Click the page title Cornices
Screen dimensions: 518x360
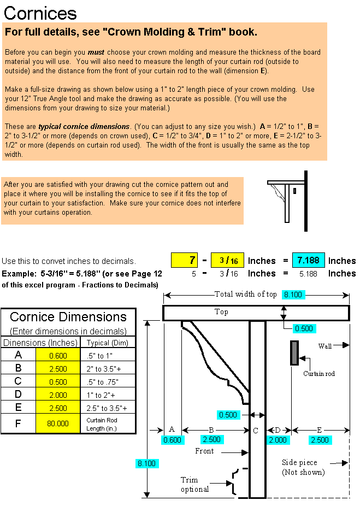coord(40,13)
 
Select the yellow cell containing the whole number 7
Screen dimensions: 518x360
coord(186,260)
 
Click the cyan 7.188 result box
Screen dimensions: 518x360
coord(309,260)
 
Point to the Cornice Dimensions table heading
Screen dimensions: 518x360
coord(68,317)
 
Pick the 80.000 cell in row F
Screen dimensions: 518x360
coord(58,423)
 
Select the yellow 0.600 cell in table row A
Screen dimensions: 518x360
coord(58,355)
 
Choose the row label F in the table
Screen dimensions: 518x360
coord(19,423)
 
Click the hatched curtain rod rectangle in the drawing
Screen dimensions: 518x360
coord(294,353)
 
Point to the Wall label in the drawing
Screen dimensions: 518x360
coord(325,346)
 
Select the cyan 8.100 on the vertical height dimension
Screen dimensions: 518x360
coord(146,463)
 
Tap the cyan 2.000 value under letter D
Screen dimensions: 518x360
coord(278,440)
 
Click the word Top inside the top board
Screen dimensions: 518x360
coord(221,312)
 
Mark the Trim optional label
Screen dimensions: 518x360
coord(194,485)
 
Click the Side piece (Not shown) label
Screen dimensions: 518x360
coord(304,467)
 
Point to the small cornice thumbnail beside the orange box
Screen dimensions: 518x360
coord(287,198)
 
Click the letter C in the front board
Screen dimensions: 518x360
coord(255,431)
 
